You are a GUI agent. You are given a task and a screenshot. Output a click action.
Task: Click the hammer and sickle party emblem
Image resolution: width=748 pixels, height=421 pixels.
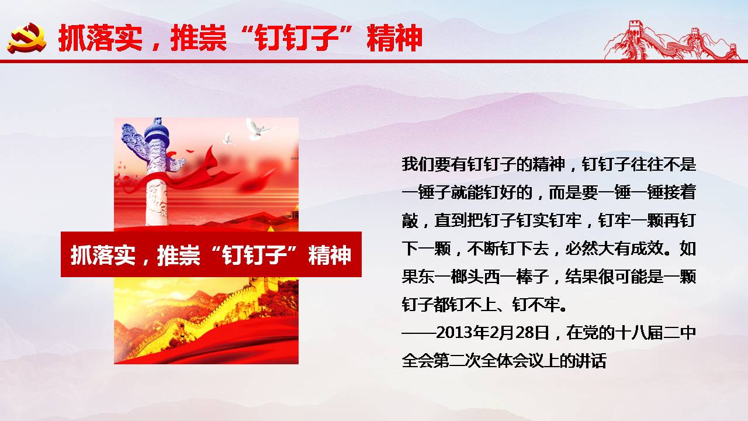pos(27,38)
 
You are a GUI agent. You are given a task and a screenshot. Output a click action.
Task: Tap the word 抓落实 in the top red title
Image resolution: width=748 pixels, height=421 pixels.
pos(101,38)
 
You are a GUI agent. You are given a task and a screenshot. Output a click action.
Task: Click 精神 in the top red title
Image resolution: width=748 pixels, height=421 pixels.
pos(394,38)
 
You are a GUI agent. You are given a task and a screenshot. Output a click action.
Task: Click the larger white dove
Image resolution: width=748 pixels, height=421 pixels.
pos(257,129)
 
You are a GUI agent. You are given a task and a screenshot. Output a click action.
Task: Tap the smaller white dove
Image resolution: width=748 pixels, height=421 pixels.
pos(228,139)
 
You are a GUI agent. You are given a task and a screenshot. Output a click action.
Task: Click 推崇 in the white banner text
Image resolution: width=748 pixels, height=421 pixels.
pos(178,255)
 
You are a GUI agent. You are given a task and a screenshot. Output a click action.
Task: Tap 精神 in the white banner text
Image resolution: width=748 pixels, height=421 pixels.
pos(330,255)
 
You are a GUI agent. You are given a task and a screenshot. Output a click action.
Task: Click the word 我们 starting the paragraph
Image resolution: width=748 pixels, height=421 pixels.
pos(418,164)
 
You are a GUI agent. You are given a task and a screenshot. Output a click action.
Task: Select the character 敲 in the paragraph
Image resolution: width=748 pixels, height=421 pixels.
pos(410,220)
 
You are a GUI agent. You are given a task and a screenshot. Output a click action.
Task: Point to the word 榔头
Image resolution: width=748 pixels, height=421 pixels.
pos(467,277)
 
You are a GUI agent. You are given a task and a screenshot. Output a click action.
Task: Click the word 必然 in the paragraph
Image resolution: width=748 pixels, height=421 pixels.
pos(581,249)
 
